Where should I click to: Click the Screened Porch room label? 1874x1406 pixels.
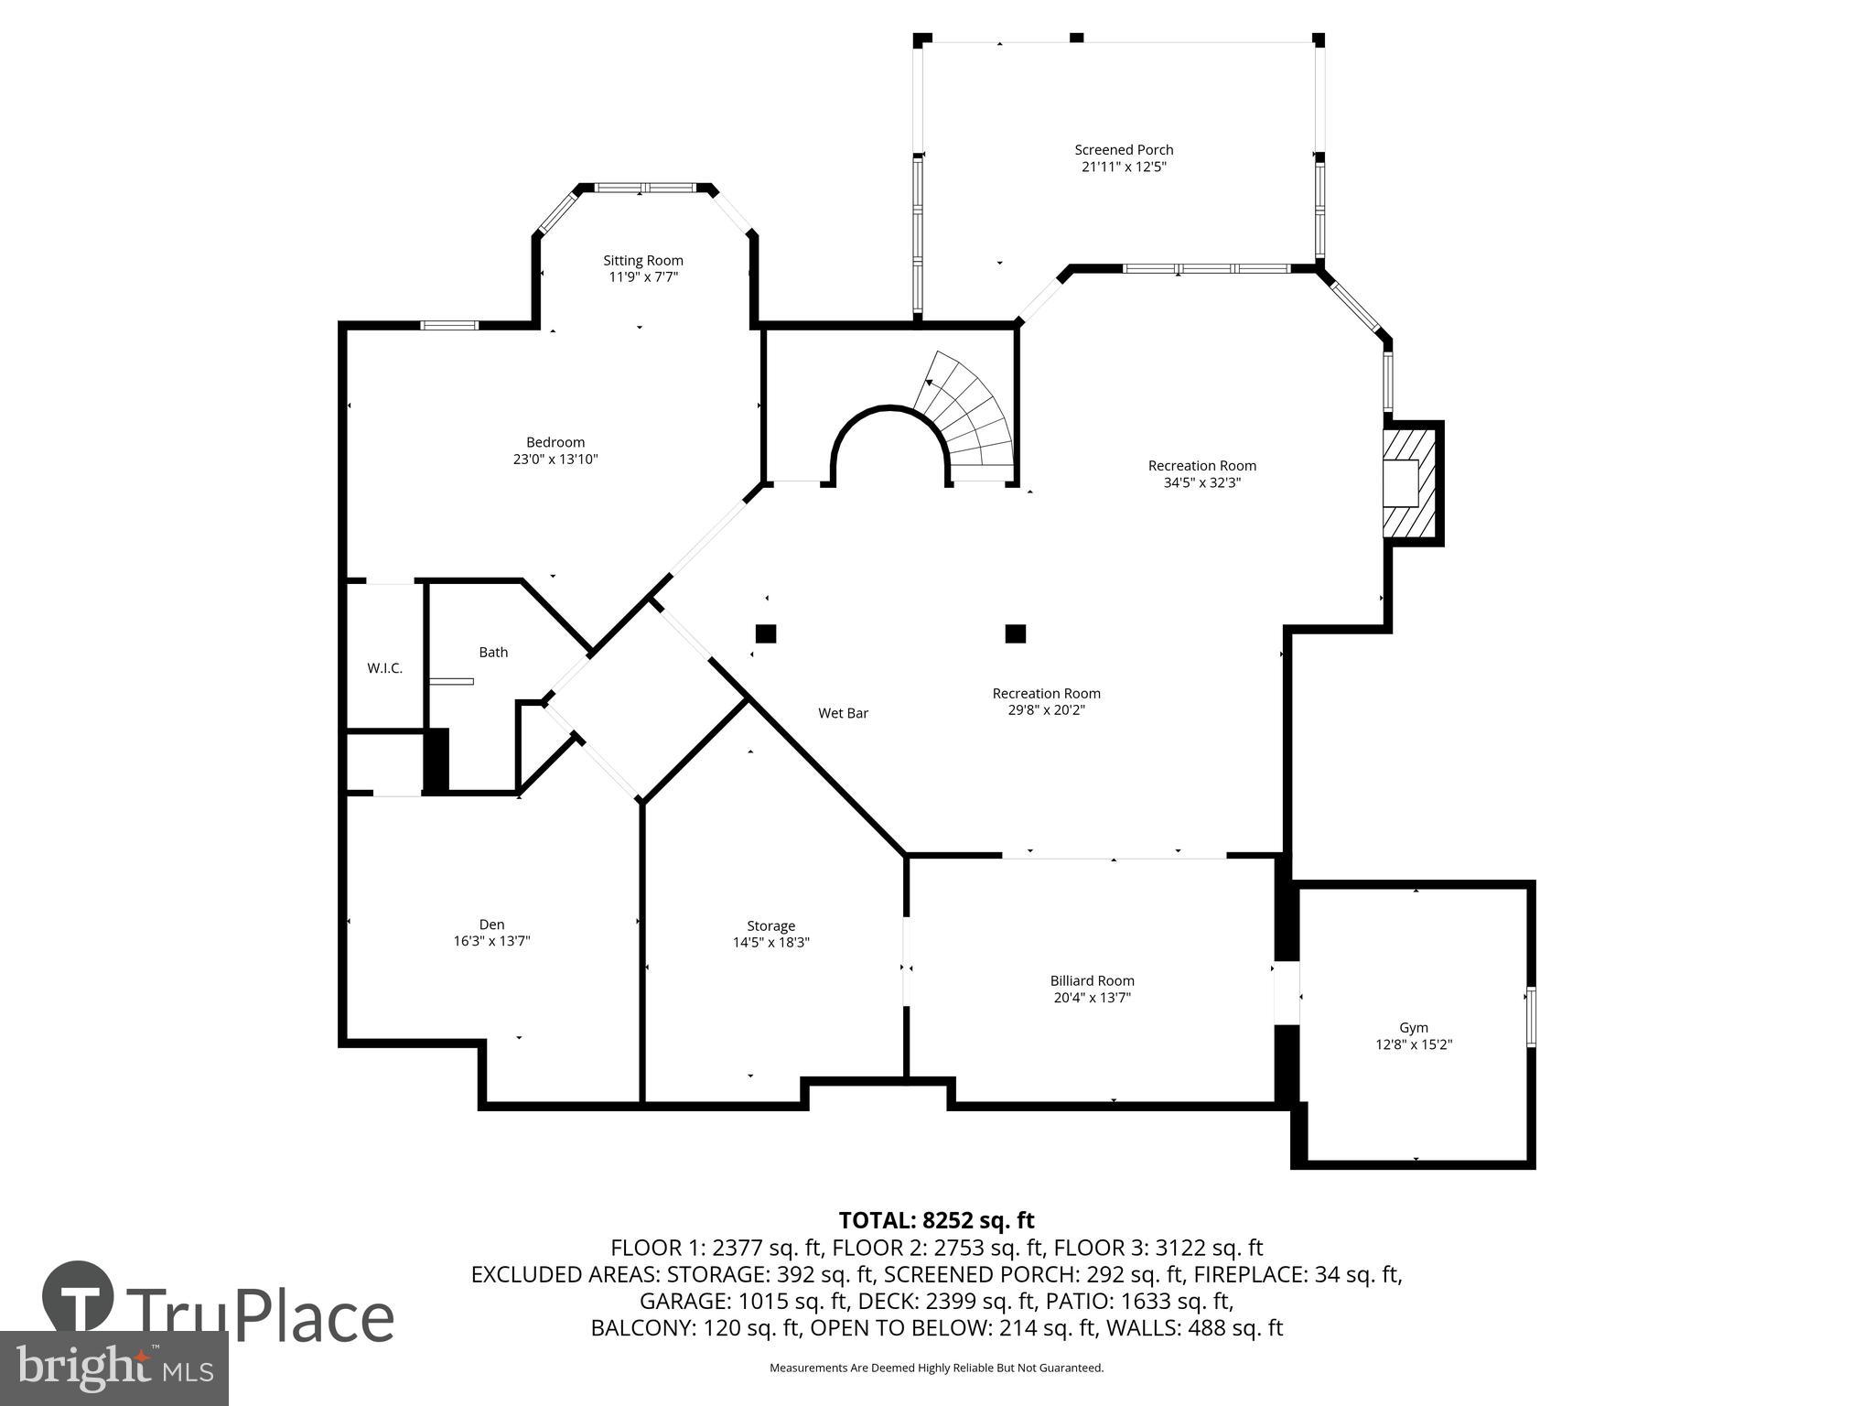coord(1123,149)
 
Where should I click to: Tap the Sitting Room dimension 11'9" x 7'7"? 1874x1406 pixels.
coord(642,276)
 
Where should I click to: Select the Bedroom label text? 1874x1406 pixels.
coord(555,442)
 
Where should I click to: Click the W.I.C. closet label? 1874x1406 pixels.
coord(384,668)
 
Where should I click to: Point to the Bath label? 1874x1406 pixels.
coord(492,652)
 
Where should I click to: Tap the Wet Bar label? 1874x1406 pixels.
coord(843,713)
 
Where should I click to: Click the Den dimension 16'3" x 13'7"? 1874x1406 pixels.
coord(491,941)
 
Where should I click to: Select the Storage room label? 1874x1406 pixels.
coord(770,925)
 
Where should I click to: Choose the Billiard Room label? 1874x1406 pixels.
coord(1092,980)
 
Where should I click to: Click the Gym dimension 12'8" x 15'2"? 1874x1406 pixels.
coord(1413,1044)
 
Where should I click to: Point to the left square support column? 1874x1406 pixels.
coord(766,633)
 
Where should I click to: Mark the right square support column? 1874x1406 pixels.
coord(1015,633)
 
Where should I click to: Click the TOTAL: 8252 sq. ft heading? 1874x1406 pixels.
coord(936,1220)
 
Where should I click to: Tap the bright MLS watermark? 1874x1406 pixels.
coord(114,1368)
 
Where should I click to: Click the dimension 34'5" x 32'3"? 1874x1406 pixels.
coord(1201,482)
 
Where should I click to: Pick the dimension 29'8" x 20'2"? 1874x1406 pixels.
coord(1046,709)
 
